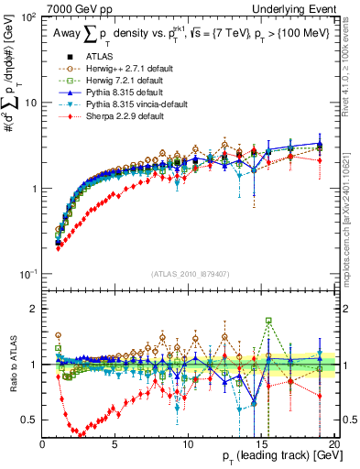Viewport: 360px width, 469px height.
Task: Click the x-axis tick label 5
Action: (115, 444)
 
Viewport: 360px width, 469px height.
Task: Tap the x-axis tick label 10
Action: (188, 444)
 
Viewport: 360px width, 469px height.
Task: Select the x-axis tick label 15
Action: (261, 444)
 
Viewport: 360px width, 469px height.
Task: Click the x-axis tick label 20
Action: (333, 444)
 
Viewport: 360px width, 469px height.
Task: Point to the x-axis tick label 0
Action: (43, 444)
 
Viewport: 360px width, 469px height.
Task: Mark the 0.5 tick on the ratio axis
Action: (32, 420)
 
